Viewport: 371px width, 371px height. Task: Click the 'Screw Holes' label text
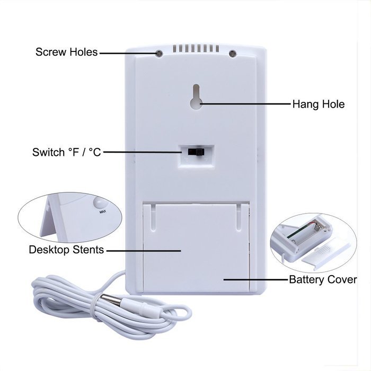pos(66,52)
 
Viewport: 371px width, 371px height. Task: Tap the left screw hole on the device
pos(159,54)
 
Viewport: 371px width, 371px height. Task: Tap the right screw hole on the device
pos(233,54)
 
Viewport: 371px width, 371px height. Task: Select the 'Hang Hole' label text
pos(319,104)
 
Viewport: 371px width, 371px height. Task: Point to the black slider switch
pos(196,152)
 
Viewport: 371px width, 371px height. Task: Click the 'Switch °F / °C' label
pos(66,152)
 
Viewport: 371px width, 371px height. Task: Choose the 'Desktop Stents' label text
pos(66,250)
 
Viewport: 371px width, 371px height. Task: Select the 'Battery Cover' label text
pos(323,279)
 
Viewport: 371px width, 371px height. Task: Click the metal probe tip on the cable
pos(111,299)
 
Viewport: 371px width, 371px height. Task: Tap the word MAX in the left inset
pos(103,212)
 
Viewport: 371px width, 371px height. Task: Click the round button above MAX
pos(101,202)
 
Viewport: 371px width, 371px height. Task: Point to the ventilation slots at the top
pos(196,48)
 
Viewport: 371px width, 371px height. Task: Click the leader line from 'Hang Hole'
pos(245,104)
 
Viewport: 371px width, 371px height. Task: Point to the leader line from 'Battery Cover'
pos(256,279)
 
